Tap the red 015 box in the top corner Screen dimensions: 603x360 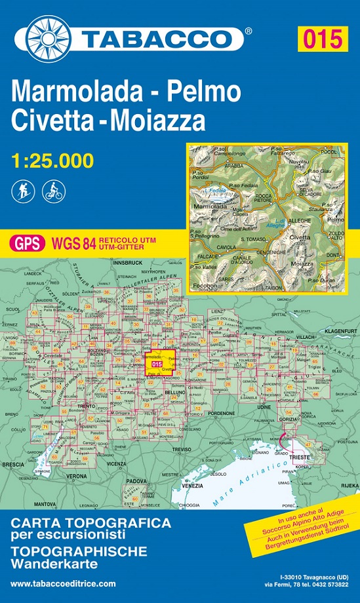[321, 39]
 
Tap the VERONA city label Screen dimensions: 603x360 [77, 475]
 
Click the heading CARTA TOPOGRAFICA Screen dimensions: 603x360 [91, 524]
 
